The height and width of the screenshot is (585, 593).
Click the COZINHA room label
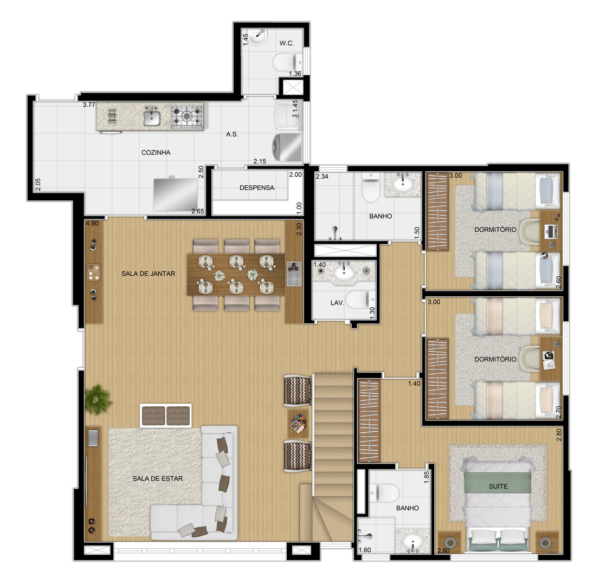(156, 153)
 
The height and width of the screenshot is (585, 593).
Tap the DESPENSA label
(257, 188)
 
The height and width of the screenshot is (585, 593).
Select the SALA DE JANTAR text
(149, 274)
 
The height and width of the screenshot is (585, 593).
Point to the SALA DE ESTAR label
(158, 478)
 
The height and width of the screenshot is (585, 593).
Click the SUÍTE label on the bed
(498, 486)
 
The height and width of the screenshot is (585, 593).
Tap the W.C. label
(287, 43)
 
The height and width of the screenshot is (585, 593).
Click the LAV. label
(337, 303)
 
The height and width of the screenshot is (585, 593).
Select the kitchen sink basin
(152, 118)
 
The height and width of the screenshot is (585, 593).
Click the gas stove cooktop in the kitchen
(187, 115)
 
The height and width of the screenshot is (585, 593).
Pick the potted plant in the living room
(98, 399)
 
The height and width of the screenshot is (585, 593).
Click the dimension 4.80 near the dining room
(92, 223)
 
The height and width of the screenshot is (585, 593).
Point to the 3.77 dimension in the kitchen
(89, 105)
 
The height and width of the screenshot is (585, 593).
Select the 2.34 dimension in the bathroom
(322, 177)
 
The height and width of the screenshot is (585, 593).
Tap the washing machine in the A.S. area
(287, 147)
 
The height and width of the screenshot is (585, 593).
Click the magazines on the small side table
(298, 424)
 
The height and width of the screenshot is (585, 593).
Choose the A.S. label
(232, 134)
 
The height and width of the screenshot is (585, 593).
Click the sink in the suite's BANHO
(413, 542)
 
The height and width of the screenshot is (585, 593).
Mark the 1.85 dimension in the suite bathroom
(427, 477)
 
